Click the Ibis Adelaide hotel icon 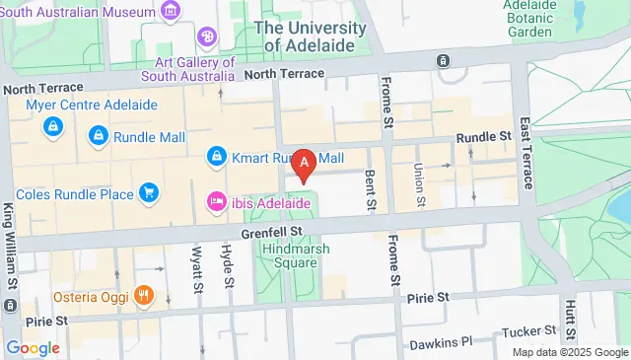(x=215, y=202)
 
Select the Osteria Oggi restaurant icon (x=143, y=294)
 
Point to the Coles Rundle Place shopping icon (x=149, y=192)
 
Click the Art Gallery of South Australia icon (x=208, y=37)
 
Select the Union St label (x=419, y=185)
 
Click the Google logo (x=33, y=347)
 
